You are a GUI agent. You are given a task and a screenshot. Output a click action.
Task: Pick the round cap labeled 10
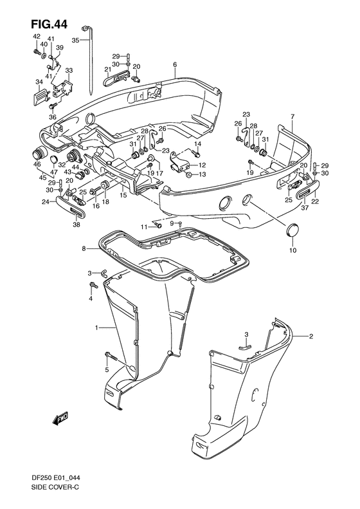292,231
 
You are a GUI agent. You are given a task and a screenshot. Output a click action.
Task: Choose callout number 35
75,40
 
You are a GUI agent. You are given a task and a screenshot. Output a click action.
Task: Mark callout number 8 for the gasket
83,248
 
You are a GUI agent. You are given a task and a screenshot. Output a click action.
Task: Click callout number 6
174,65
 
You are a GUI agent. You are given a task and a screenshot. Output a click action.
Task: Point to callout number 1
96,328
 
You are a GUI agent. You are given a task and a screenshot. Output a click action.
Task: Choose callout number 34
39,82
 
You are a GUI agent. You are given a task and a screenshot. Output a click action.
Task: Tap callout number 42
37,37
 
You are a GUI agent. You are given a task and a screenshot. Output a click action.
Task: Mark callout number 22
314,202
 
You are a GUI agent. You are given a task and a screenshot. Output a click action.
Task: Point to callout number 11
145,227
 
